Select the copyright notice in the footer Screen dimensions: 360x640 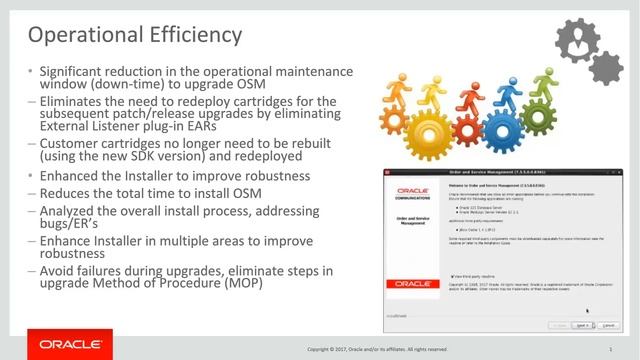[x=379, y=350]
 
